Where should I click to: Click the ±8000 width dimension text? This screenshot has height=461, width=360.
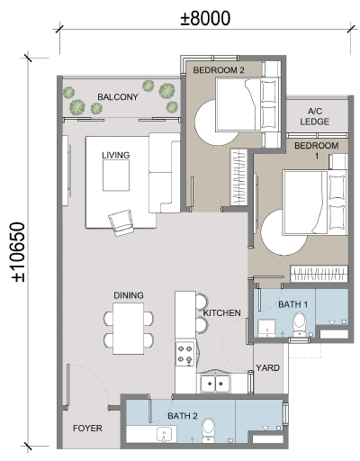pos(205,18)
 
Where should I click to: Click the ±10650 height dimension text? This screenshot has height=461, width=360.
pos(18,252)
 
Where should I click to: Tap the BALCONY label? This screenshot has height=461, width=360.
pos(118,97)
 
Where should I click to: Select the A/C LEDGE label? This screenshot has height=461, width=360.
pos(315,116)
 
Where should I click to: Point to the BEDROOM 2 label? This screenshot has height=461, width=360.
pos(219,70)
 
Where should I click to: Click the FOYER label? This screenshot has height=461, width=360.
pos(87,428)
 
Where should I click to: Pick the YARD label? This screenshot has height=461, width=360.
pos(267,367)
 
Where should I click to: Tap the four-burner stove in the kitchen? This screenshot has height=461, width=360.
pos(184,354)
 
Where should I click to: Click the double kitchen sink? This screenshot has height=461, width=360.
pos(215,384)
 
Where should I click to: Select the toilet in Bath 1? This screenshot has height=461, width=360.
pos(300,325)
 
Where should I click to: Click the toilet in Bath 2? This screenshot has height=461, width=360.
pos(208,430)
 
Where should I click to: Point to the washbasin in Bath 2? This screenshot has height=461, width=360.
pos(164,435)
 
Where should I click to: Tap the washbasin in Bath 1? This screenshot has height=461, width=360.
pos(266,329)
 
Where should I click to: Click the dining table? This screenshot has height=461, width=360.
pos(129,329)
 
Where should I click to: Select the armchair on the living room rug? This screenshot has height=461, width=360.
pos(121,222)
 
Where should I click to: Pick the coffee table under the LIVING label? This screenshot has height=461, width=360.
pos(116,176)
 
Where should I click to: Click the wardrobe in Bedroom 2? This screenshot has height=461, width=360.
pos(238,177)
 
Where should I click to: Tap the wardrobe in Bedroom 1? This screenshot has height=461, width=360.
pos(319,274)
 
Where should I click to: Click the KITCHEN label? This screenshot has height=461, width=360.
pos(222,313)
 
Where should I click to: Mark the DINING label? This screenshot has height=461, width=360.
pos(129,295)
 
